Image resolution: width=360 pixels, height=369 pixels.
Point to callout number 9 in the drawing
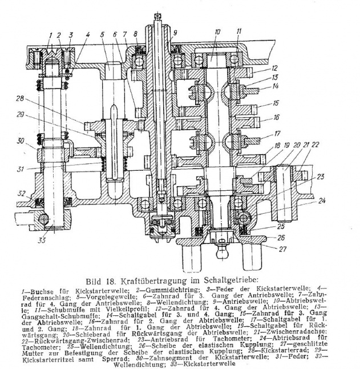175,33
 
